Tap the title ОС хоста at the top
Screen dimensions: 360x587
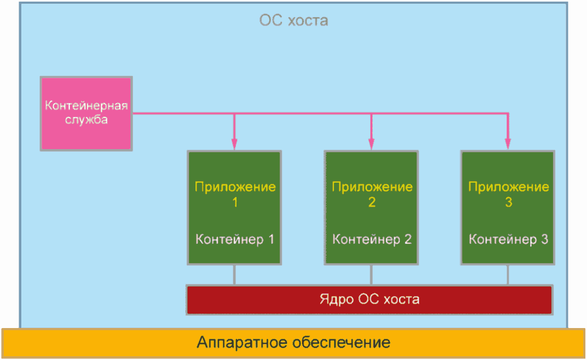point(293,21)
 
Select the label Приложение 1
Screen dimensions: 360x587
point(235,194)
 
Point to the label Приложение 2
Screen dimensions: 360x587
point(372,194)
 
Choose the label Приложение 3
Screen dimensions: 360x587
point(508,194)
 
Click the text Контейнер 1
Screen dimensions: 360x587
point(235,239)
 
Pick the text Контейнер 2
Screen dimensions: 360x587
point(372,239)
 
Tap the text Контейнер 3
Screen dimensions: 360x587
point(508,239)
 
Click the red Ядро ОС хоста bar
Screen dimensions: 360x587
point(369,299)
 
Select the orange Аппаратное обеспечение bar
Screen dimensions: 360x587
point(293,342)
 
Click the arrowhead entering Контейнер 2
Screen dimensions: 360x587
point(371,144)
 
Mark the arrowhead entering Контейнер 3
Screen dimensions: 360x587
point(508,144)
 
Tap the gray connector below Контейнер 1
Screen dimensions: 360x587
point(234,274)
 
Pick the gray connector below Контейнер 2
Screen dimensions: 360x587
point(371,274)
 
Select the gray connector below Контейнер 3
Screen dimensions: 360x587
point(508,274)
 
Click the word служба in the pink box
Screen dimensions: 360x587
point(86,119)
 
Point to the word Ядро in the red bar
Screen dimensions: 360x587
point(335,299)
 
